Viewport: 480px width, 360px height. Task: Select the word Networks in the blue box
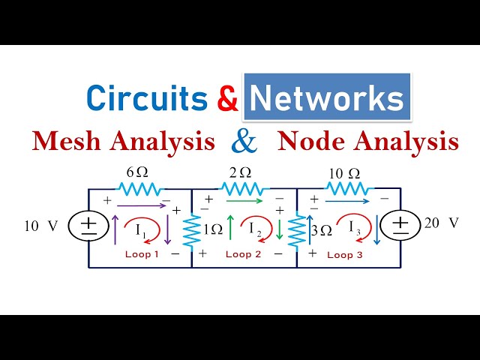[x=327, y=98]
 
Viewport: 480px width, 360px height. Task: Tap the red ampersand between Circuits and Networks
[x=226, y=98]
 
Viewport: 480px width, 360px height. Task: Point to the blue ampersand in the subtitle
[x=246, y=140]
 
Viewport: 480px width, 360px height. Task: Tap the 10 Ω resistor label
[x=345, y=173]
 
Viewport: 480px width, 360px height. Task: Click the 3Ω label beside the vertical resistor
[x=321, y=230]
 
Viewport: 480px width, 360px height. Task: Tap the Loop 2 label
[x=244, y=254]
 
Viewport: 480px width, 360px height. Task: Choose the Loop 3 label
[x=345, y=255]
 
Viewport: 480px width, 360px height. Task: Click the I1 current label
[x=142, y=230]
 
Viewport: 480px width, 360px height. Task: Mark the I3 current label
[x=354, y=230]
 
